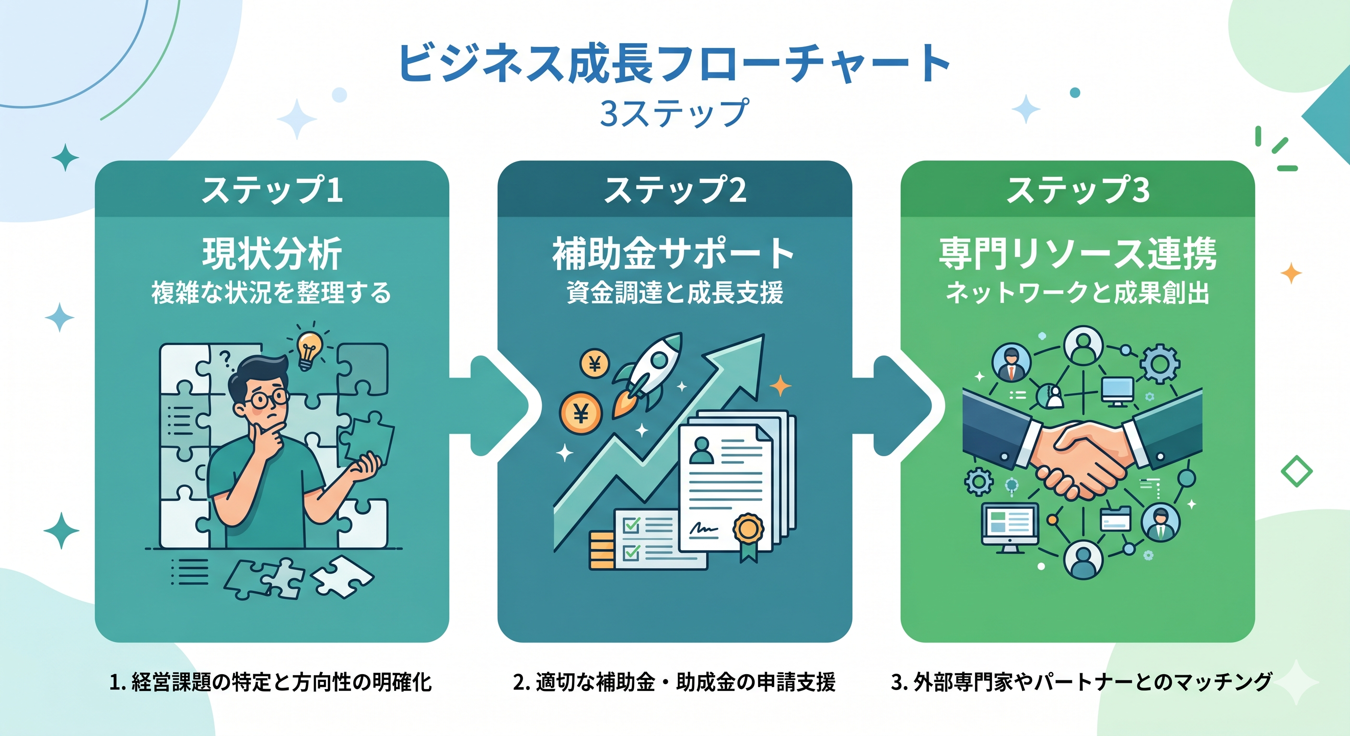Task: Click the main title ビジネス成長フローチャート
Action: point(675,63)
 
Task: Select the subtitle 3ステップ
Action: point(675,113)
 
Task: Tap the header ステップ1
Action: point(272,190)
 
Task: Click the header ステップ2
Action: point(675,190)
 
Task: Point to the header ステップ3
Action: point(1078,190)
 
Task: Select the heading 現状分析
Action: point(272,254)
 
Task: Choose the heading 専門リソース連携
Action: point(1078,254)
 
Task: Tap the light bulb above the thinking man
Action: point(309,349)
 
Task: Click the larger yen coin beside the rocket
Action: point(581,414)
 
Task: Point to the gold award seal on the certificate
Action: point(748,530)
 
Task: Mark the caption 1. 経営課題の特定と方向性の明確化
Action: point(270,682)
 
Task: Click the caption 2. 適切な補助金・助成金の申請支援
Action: point(674,682)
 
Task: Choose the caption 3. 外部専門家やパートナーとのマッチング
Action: point(1081,682)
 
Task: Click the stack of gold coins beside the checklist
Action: point(601,550)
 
